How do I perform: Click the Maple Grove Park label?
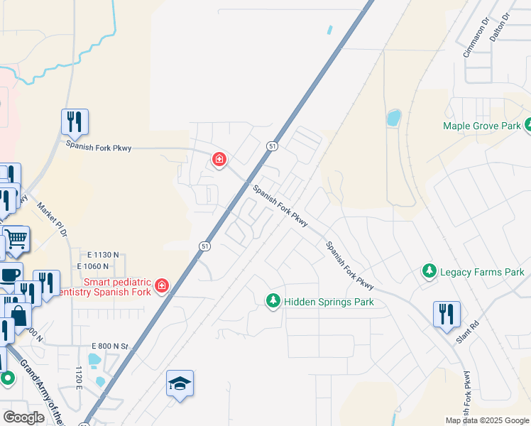(482, 126)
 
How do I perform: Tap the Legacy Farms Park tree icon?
(429, 271)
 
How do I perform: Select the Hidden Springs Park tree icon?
(273, 302)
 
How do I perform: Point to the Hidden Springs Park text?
(329, 302)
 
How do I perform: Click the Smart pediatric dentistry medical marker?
(162, 285)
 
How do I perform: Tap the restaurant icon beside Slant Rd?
(447, 313)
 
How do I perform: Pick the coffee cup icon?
(10, 275)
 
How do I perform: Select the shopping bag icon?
(18, 316)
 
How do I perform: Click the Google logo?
(23, 417)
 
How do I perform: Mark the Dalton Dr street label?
(500, 26)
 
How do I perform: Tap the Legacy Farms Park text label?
(482, 272)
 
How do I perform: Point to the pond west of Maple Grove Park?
(393, 117)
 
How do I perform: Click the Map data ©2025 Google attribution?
(486, 420)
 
